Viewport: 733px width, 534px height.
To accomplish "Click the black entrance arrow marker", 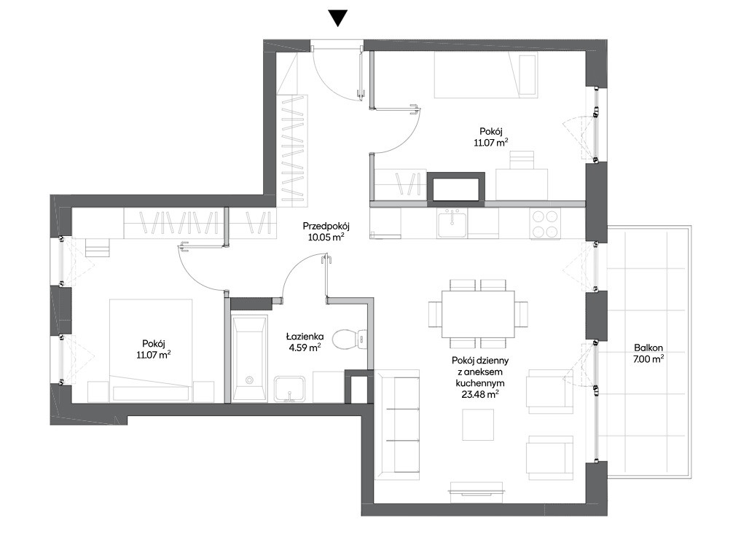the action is tap(337, 17).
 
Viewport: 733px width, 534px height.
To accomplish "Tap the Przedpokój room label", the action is tap(326, 227).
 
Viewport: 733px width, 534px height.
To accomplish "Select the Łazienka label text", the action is tap(305, 336).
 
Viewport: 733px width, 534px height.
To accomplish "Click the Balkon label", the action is tap(648, 348).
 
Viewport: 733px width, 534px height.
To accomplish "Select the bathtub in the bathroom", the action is tap(250, 358).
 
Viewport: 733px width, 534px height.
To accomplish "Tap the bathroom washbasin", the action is tap(289, 388).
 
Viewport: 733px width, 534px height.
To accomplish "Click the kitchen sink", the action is tap(452, 223).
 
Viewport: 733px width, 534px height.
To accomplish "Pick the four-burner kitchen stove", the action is tap(545, 224).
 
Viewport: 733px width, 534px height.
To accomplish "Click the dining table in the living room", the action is tap(478, 314).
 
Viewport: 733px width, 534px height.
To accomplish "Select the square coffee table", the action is tap(478, 425).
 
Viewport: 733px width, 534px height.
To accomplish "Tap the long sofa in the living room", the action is tap(398, 424).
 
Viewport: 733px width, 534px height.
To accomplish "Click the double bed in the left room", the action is tap(151, 350).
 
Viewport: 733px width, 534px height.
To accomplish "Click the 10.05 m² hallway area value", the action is tap(326, 237).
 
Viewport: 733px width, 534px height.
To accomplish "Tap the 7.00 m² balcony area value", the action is tap(649, 359).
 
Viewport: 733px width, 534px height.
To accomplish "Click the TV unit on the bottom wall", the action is tap(477, 487).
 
